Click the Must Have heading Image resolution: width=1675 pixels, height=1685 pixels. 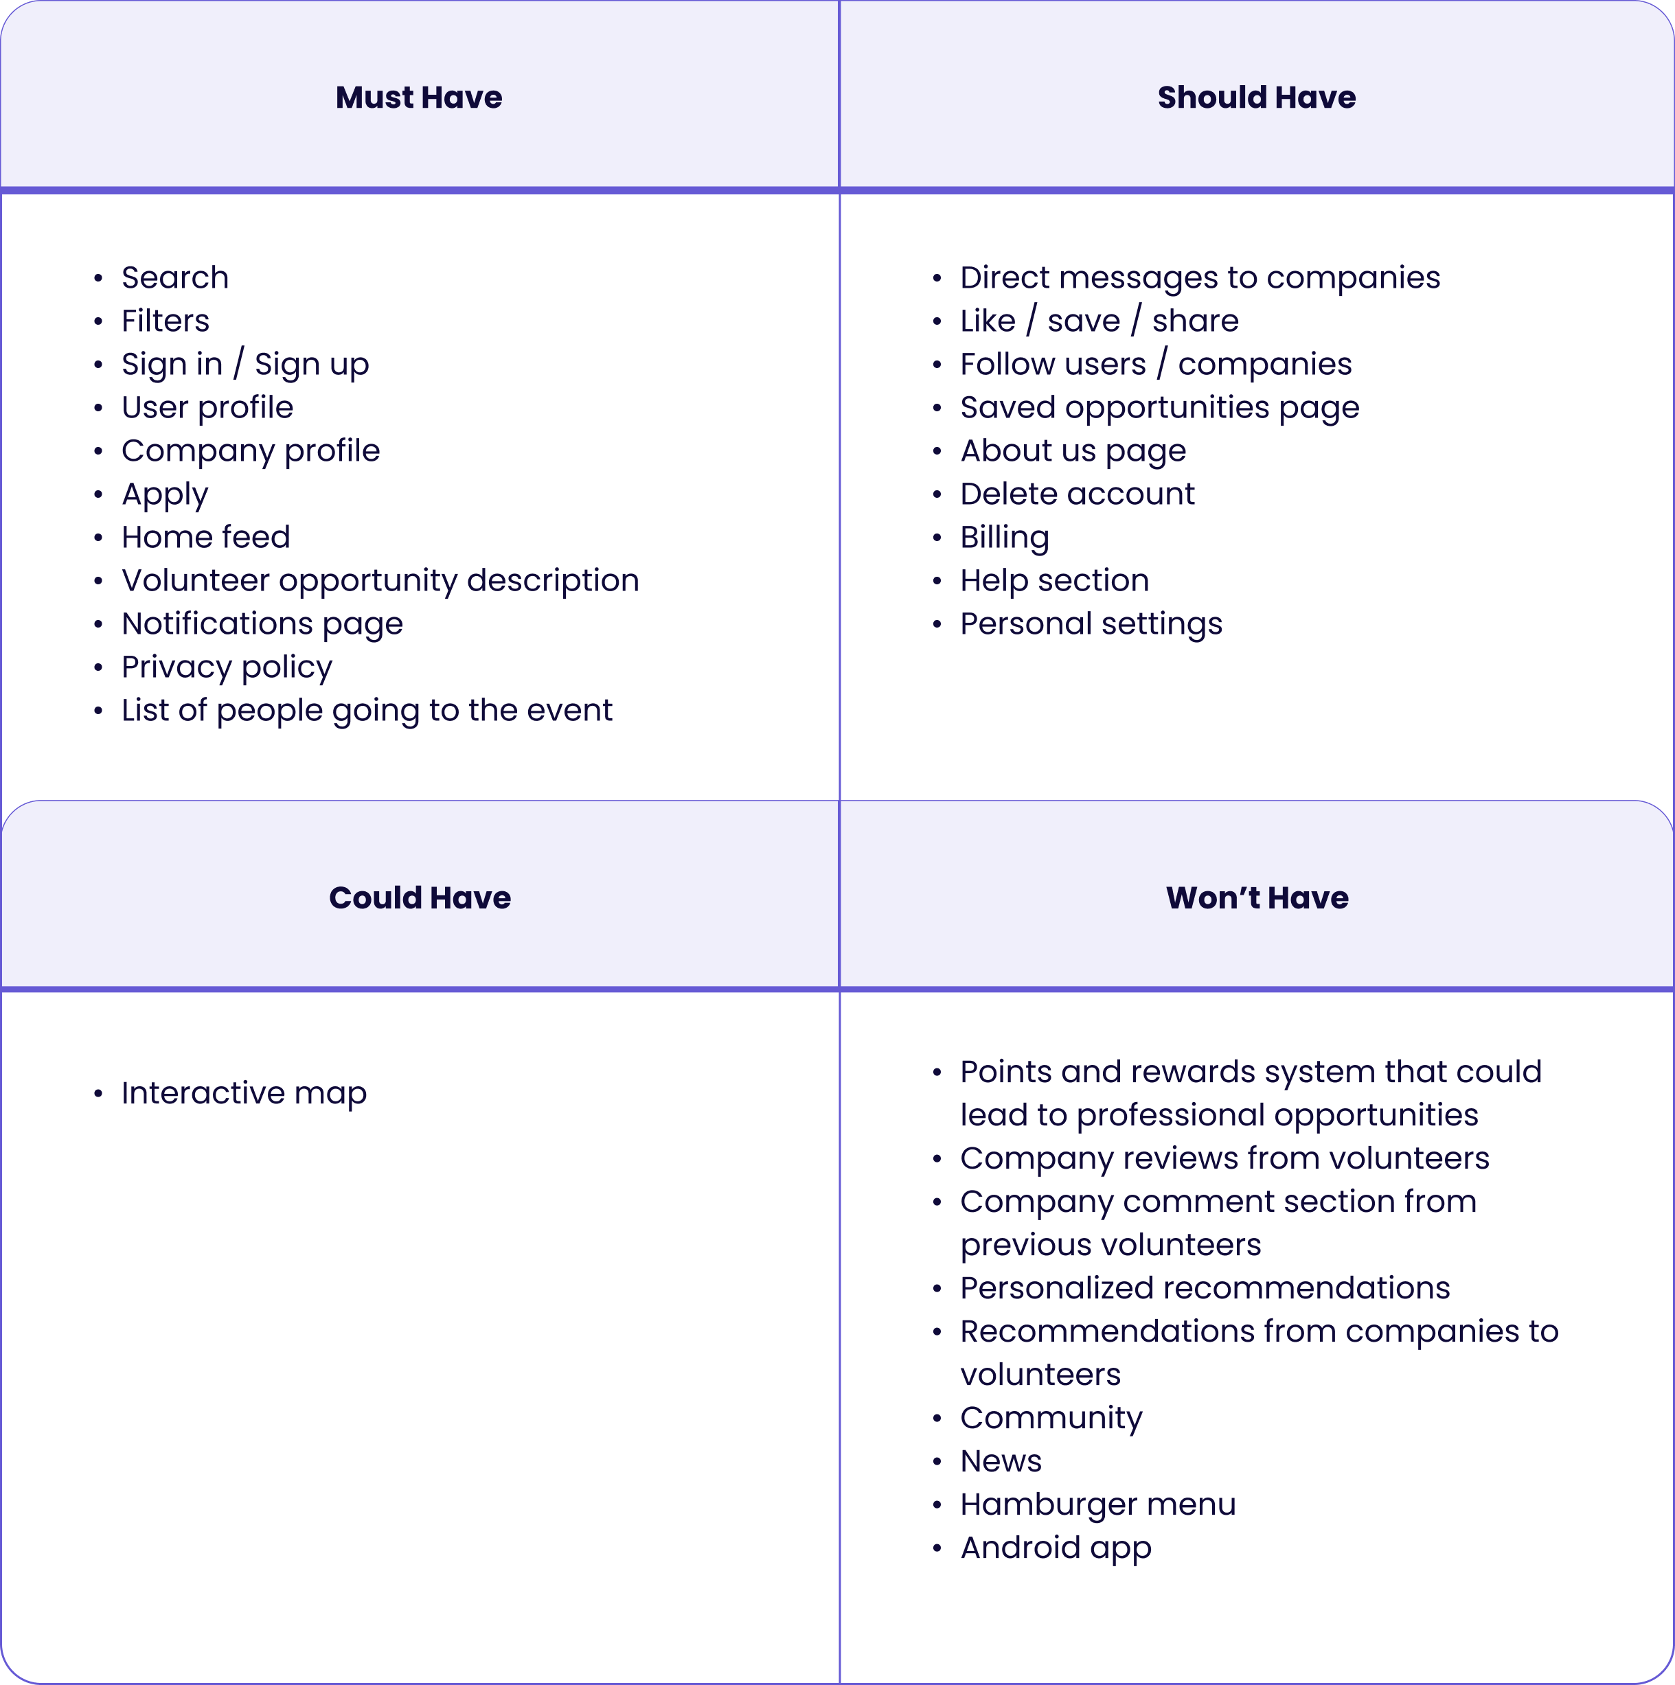coord(419,97)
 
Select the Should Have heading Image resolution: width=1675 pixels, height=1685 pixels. coord(1256,97)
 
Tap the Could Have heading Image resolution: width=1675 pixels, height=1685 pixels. coord(420,897)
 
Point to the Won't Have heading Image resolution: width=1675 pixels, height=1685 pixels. coord(1257,897)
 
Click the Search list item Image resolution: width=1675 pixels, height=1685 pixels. coord(174,277)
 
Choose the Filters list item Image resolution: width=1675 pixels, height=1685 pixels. coord(165,321)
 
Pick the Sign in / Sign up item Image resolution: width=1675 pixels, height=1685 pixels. coord(245,364)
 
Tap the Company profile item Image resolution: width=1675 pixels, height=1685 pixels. coord(251,451)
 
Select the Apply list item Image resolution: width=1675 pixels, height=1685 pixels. coord(165,494)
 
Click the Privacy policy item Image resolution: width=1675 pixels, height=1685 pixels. coord(227,667)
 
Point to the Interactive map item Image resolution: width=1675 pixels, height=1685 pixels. coord(243,1093)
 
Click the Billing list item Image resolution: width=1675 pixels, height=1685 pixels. coord(1004,537)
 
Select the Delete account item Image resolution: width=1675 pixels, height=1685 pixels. coord(1077,494)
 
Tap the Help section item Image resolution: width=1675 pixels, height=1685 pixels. coord(1054,580)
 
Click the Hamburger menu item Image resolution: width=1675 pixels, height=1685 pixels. coord(1097,1504)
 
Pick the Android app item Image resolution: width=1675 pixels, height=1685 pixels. coord(1056,1548)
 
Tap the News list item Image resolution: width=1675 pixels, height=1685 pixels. coord(1001,1461)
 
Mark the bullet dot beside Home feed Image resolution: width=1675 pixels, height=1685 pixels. coord(99,538)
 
